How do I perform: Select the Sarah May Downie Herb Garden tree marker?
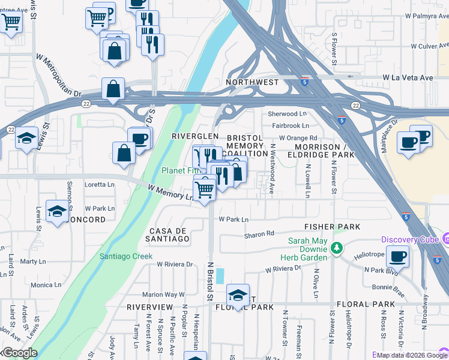point(337,247)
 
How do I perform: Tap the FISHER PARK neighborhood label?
point(332,226)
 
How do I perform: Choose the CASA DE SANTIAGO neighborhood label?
point(169,235)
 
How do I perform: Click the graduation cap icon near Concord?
point(58,212)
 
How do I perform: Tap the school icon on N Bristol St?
point(238,295)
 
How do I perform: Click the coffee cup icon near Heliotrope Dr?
point(397,257)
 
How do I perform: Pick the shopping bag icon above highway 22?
point(113,89)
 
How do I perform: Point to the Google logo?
point(19,353)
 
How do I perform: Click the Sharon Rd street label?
point(259,233)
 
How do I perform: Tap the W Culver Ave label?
point(430,46)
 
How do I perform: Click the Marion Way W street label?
point(163,295)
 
